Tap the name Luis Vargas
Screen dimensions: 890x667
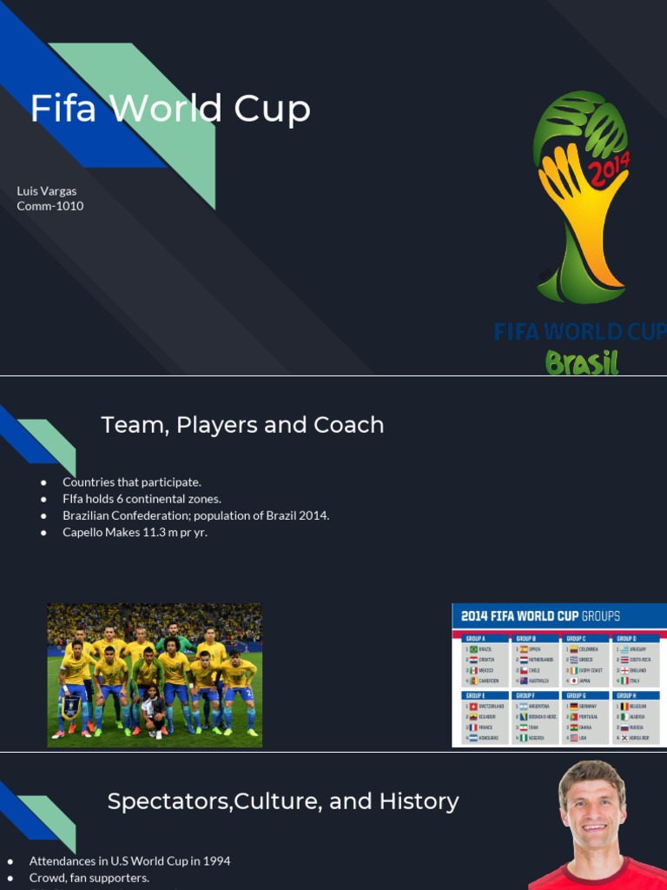(47, 191)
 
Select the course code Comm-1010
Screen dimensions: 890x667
(50, 206)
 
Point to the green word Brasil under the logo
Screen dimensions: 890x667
(582, 362)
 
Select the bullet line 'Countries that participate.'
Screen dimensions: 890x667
(132, 482)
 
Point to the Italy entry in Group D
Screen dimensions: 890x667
(637, 681)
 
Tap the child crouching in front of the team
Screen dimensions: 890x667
(154, 706)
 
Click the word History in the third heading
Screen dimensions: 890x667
(416, 801)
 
